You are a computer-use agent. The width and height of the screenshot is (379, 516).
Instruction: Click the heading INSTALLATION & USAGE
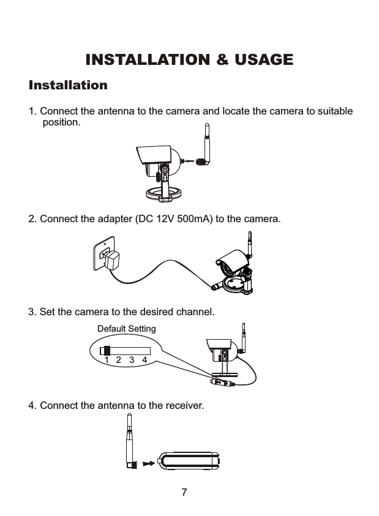tap(189, 60)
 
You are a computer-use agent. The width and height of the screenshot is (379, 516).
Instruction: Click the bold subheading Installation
tap(68, 84)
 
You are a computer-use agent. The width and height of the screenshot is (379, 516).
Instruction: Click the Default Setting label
tap(127, 329)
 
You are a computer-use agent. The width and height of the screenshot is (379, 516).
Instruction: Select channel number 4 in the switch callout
tap(144, 361)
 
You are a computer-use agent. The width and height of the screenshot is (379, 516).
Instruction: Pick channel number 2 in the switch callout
tap(119, 361)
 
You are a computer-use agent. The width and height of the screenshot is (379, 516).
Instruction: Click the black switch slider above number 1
tap(107, 351)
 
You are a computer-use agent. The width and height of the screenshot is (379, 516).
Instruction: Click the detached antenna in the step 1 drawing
tap(205, 146)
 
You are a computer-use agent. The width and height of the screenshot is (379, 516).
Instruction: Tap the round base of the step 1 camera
tap(165, 194)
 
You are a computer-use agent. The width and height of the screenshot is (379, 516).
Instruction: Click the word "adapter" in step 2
tap(111, 219)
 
